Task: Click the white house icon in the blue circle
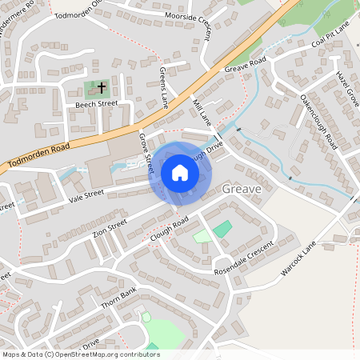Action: (x=180, y=172)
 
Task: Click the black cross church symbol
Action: (x=102, y=86)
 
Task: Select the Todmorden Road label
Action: (x=38, y=154)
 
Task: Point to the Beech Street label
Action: (x=96, y=104)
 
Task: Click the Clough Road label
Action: (x=169, y=227)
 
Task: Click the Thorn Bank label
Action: (x=120, y=298)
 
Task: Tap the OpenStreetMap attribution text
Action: (x=80, y=354)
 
